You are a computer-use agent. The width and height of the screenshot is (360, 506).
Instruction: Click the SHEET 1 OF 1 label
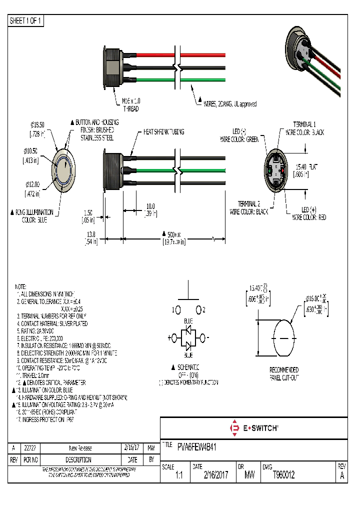tap(26, 21)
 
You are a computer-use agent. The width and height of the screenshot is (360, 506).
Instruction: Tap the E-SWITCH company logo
tap(253, 428)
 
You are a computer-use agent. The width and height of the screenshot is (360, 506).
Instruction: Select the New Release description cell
tap(80, 448)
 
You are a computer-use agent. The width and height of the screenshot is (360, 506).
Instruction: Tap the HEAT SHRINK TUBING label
tap(163, 132)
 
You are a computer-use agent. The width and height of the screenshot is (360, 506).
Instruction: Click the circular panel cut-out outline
tap(283, 338)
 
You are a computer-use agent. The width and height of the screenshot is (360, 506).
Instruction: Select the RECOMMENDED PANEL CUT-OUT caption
tap(283, 373)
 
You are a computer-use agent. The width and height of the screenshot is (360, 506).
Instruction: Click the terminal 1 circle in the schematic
tap(177, 309)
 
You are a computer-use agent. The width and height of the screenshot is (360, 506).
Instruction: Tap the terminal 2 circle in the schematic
tap(198, 309)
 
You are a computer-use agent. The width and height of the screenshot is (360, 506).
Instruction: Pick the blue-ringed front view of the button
tap(64, 169)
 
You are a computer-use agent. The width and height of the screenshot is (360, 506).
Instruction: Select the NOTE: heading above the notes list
tap(20, 287)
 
